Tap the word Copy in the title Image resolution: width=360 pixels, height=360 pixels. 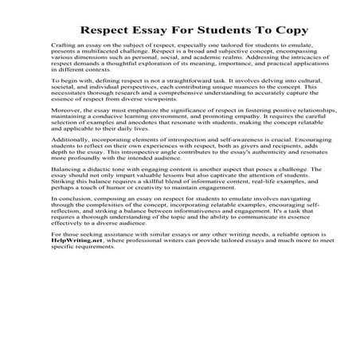[x=264, y=32]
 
